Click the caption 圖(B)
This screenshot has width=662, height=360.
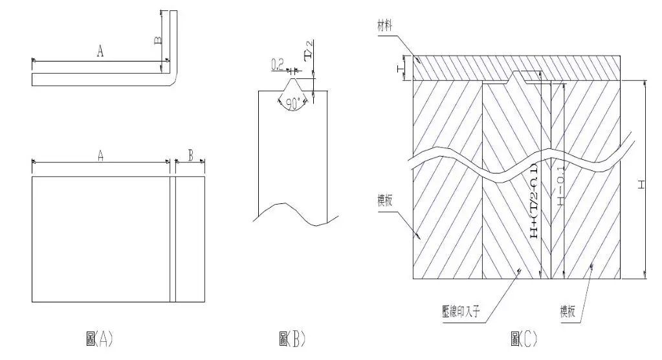tap(292, 339)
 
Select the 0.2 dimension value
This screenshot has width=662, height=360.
tap(277, 63)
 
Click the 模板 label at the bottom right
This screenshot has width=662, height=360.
tap(570, 311)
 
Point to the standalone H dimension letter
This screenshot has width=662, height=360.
tap(641, 185)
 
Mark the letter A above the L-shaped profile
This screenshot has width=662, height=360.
tap(100, 52)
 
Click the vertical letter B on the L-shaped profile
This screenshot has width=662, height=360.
tap(157, 40)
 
